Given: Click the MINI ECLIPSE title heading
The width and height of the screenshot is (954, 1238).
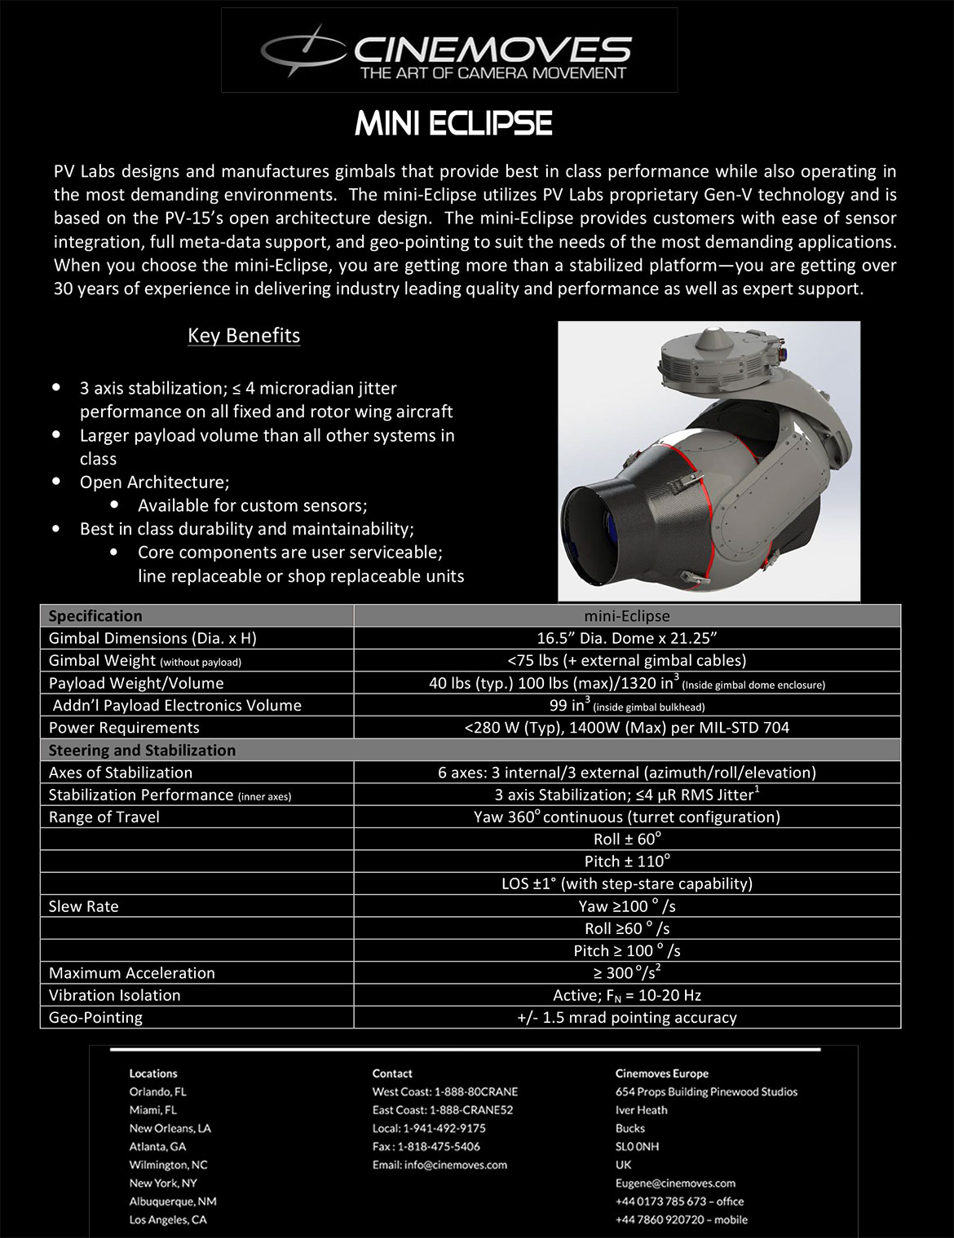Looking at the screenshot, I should [x=454, y=123].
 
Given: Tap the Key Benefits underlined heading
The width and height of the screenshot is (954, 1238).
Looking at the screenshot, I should [x=244, y=336].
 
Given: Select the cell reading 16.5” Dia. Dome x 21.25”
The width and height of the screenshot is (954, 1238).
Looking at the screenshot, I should [x=627, y=638].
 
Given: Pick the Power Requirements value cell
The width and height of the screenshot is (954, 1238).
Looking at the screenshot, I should [x=627, y=728].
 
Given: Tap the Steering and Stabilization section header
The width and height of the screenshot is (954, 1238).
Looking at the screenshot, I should [x=142, y=750].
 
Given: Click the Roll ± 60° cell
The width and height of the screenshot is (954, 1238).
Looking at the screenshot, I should [x=627, y=839].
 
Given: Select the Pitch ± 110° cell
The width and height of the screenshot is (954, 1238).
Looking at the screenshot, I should [x=627, y=861].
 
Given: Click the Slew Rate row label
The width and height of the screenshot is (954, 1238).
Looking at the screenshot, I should [x=83, y=906].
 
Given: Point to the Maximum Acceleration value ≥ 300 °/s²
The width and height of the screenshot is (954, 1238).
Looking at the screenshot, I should [x=627, y=972].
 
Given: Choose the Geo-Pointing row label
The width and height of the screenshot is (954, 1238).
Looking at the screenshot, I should [x=95, y=1017].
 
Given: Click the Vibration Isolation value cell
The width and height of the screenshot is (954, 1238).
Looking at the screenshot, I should [x=627, y=995].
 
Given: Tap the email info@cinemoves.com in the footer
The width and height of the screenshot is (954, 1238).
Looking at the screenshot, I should [x=439, y=1165].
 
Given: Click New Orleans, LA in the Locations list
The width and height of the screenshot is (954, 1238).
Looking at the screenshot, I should [x=170, y=1128].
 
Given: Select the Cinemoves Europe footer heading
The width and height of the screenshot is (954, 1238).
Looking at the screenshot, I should [x=662, y=1073].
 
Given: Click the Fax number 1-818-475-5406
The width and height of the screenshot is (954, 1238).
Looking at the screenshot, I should [x=426, y=1147].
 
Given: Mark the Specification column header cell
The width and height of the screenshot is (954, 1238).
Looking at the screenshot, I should [x=95, y=616].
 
